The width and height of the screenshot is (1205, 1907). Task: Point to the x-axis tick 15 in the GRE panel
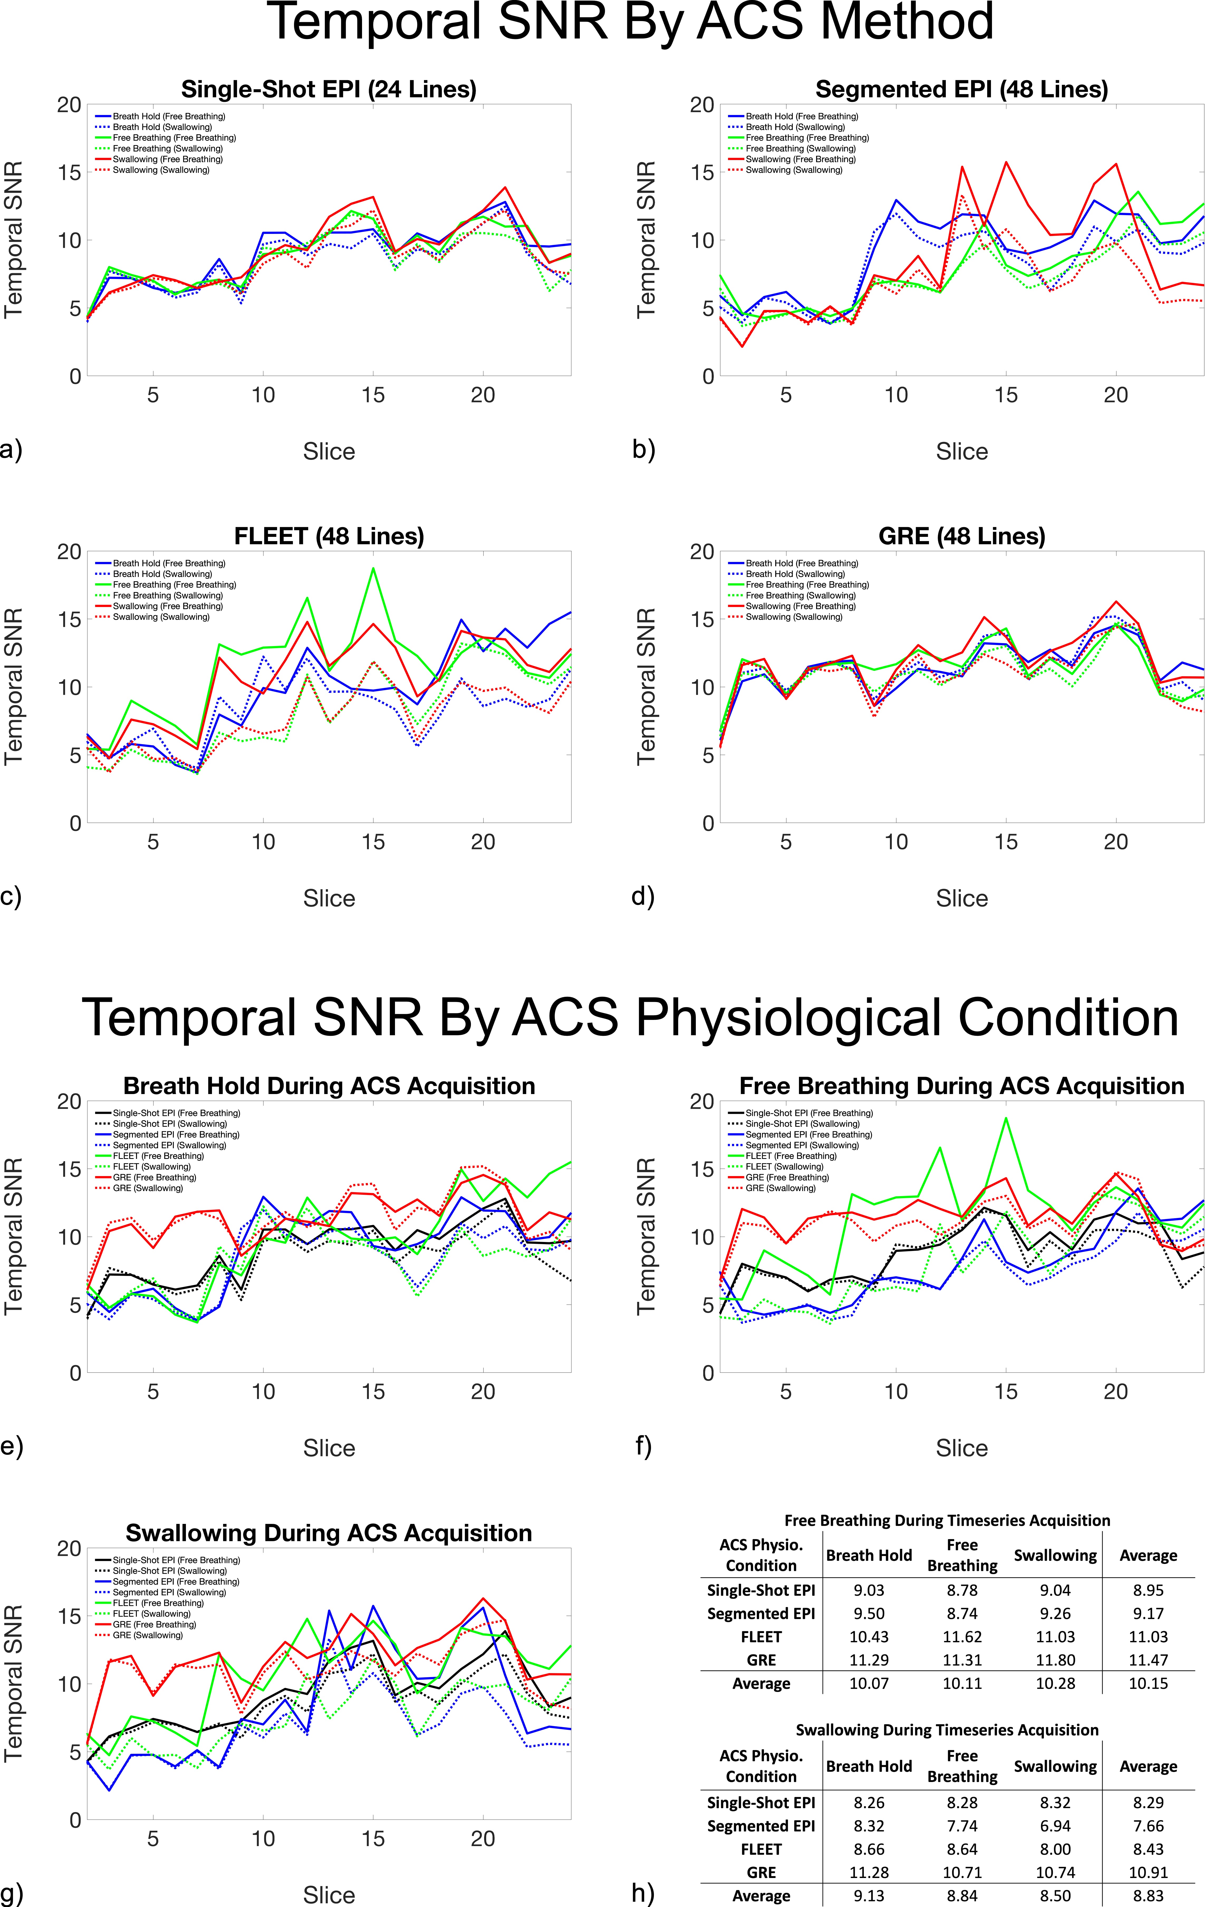pyautogui.click(x=1005, y=842)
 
